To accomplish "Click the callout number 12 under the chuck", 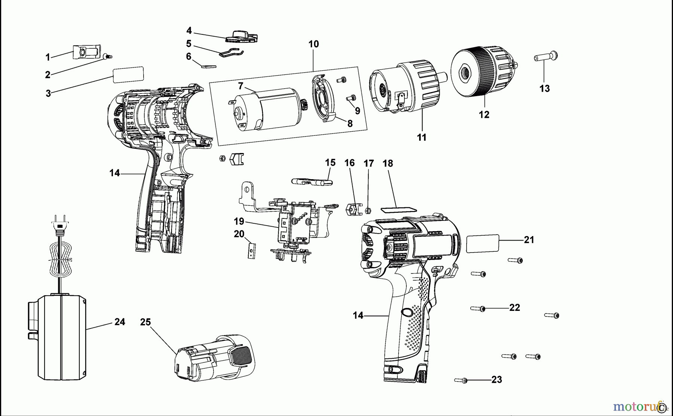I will point(484,114).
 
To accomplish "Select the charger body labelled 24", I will point(60,337).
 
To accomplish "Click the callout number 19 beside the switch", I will point(239,221).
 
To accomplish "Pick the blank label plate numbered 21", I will point(483,244).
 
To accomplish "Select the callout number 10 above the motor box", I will point(313,44).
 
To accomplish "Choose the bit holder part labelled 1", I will point(86,52).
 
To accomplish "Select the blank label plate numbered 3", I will point(128,74).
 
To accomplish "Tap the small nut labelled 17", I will point(367,211).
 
